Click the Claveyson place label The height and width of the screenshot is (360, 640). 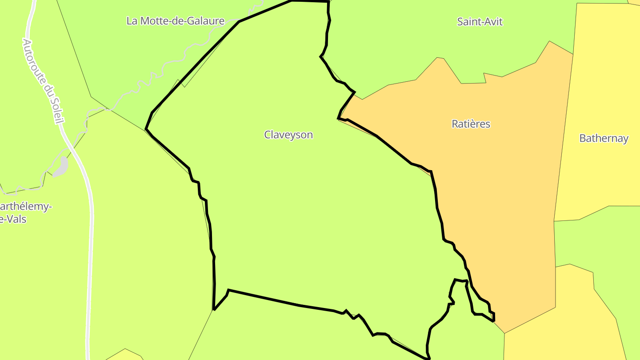tap(288, 135)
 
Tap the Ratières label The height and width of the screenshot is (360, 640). tap(471, 124)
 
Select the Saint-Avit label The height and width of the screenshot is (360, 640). tap(480, 21)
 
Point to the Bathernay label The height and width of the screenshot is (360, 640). tap(604, 138)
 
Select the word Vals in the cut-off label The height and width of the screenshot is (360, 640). tap(16, 219)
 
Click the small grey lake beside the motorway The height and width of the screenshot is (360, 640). tap(61, 167)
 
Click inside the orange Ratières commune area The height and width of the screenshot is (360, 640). tap(502, 200)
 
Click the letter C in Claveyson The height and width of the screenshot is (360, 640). tap(268, 135)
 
